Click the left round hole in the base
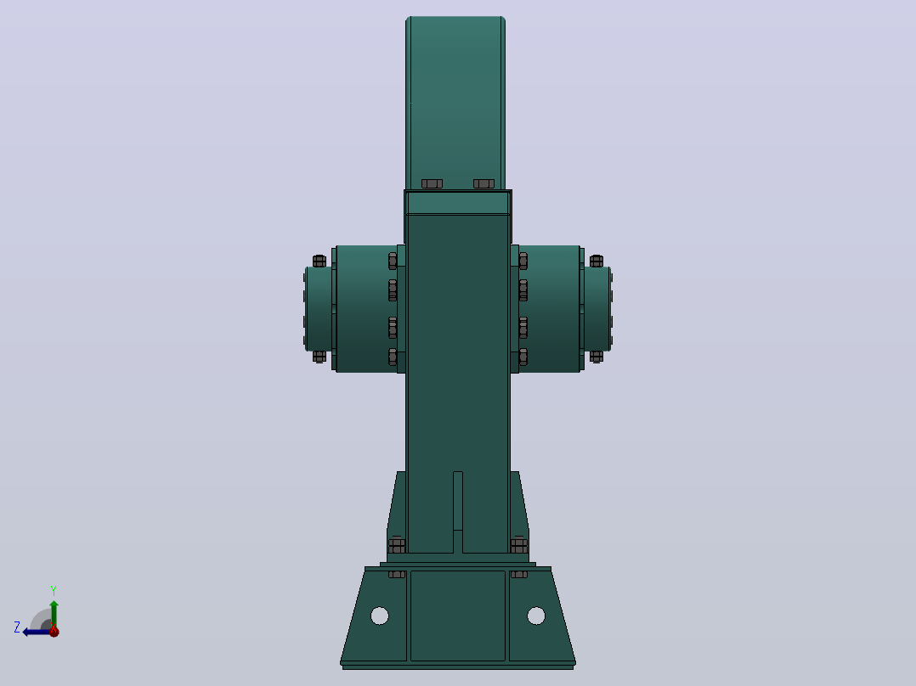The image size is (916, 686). coord(380,616)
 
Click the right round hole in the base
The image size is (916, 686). coord(536,616)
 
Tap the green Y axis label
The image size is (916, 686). coord(54,590)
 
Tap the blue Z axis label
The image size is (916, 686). coord(17,627)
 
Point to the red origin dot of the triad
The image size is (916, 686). coord(54,631)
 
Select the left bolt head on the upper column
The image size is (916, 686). coord(432,184)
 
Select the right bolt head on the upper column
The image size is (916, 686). coord(483,184)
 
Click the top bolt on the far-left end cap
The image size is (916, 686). coord(319,261)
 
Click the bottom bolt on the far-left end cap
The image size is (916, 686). coord(319,356)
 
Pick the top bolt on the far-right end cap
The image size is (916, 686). coord(596,261)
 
